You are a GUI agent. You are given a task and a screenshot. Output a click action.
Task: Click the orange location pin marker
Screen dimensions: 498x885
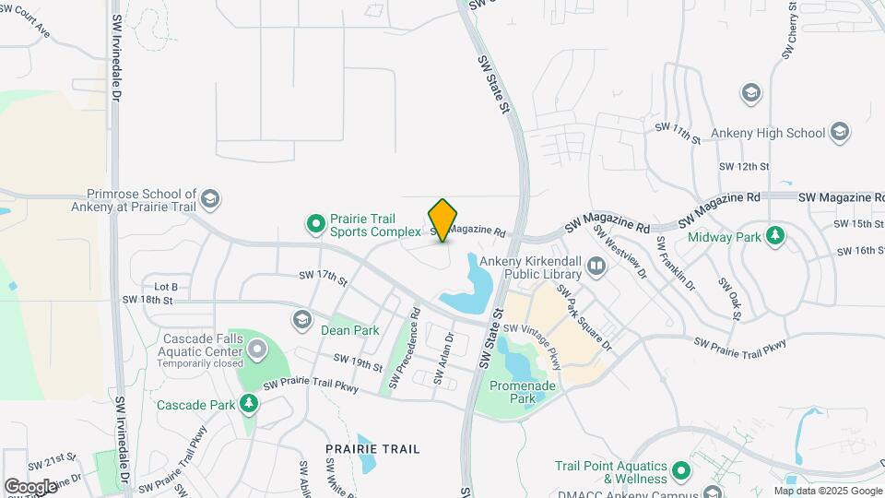click(x=442, y=219)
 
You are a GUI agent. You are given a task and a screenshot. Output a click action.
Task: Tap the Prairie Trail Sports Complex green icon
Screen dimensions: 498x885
click(x=316, y=222)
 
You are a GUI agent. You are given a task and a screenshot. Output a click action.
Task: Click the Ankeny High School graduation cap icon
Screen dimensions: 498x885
click(x=839, y=132)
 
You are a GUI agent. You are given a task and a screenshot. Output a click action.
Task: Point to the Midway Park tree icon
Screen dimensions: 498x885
click(x=775, y=235)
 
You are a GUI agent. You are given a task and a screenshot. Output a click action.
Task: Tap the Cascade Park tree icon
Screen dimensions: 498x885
click(x=248, y=403)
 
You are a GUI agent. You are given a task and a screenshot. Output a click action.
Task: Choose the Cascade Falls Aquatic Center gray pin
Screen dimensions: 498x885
click(x=255, y=349)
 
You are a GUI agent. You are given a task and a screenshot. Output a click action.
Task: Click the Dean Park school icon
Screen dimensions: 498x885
click(x=301, y=320)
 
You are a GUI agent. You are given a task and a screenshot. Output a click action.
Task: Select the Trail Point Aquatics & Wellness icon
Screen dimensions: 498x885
click(x=682, y=472)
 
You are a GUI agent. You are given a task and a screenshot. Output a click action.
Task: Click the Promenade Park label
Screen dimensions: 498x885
click(x=513, y=392)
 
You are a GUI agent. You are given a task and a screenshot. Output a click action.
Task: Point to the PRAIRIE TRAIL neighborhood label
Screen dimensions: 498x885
click(x=372, y=449)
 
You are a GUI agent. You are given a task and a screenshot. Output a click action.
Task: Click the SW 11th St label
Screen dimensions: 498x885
click(x=678, y=130)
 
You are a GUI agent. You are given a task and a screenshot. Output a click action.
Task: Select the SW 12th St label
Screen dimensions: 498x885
click(x=744, y=166)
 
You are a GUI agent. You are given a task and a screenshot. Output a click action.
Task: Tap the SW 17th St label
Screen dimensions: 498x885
click(x=322, y=276)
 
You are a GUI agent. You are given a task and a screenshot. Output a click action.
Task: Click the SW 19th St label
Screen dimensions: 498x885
click(x=358, y=362)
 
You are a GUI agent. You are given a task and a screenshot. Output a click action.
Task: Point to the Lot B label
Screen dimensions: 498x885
click(x=166, y=288)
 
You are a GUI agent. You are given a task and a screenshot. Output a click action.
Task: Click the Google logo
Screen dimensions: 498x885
click(x=30, y=486)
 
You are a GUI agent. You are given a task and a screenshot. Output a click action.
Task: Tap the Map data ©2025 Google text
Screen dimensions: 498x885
click(x=828, y=491)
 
